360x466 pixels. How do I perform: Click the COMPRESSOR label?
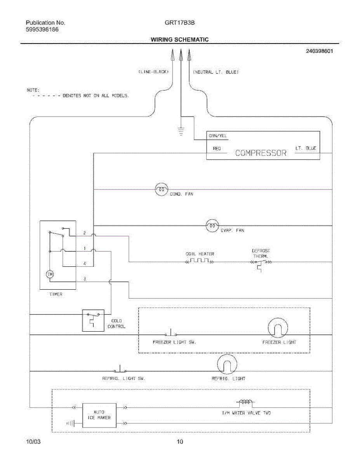tap(261, 153)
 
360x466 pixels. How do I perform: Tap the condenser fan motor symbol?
tap(161, 190)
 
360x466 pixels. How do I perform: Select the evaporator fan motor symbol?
tap(212, 225)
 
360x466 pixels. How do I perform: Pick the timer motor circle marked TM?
tap(50, 275)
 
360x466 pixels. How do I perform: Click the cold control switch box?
tap(93, 320)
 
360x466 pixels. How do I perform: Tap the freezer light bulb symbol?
tap(278, 329)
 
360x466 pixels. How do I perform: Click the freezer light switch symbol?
tap(170, 334)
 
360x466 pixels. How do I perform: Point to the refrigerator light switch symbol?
tap(120, 369)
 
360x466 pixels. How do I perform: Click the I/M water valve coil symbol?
tap(245, 402)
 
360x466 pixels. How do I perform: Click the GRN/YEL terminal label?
tap(218, 136)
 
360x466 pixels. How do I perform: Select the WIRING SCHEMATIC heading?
tap(179, 40)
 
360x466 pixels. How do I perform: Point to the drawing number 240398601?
tap(319, 51)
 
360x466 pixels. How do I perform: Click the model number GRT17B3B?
tap(179, 23)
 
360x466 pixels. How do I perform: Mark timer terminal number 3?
tap(84, 279)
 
